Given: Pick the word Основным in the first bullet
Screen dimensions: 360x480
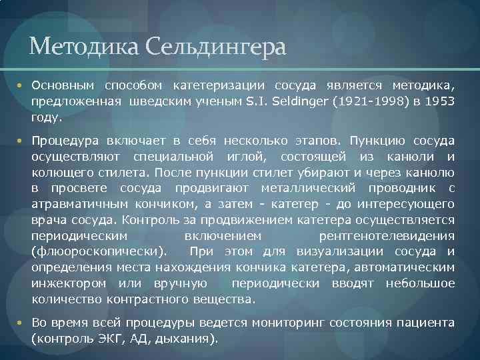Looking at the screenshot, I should click(63, 86).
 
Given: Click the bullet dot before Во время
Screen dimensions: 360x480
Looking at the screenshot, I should click(20, 323).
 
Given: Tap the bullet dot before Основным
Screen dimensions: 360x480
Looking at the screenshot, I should click(20, 86).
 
